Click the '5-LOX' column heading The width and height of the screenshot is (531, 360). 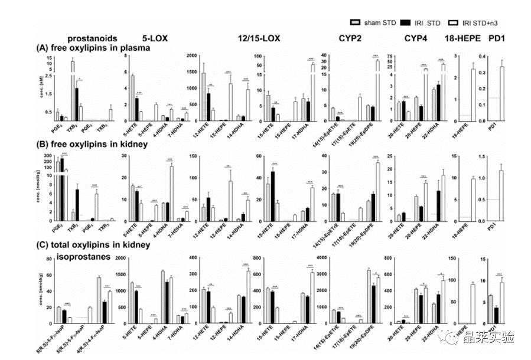pos(153,38)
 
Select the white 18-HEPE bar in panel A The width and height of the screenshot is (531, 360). pos(473,94)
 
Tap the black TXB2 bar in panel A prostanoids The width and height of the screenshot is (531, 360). pos(76,104)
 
